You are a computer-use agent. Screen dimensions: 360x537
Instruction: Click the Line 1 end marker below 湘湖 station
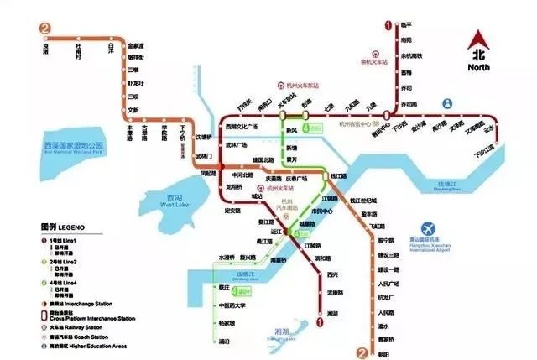[321, 319]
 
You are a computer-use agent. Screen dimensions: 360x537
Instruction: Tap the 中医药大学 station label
[232, 305]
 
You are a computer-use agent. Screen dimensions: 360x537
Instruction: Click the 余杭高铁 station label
[412, 57]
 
